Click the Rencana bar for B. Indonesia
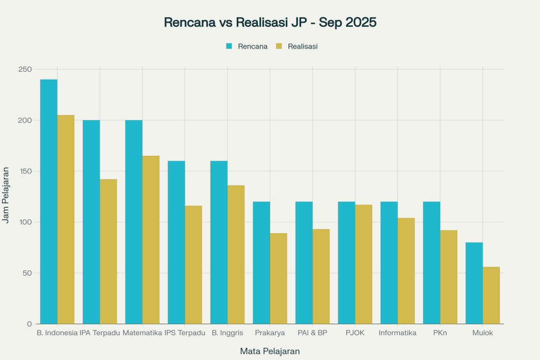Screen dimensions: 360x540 click(49, 201)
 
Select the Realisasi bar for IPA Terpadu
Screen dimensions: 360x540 click(108, 251)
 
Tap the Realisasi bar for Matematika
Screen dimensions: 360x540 click(151, 240)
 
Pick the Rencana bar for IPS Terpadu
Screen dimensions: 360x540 click(176, 242)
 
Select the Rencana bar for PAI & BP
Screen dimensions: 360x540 click(304, 262)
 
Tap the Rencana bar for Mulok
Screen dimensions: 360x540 click(474, 283)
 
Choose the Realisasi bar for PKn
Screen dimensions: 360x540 click(448, 277)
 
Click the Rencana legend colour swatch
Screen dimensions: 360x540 click(229, 46)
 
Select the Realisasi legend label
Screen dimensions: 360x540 click(303, 46)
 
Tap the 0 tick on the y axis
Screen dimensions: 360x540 click(30, 324)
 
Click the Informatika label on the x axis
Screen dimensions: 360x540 click(398, 333)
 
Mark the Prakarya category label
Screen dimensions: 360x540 click(270, 333)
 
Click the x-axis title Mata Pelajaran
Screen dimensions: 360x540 click(270, 351)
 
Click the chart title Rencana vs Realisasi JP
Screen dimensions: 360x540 click(270, 23)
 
